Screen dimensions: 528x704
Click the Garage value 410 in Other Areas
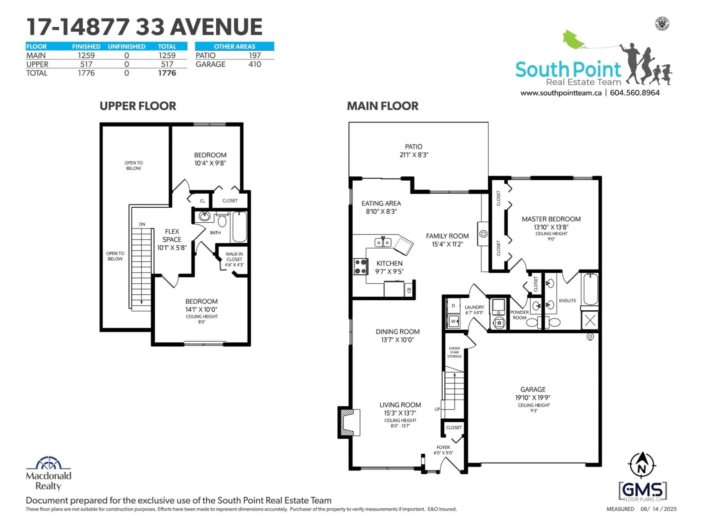pyautogui.click(x=255, y=64)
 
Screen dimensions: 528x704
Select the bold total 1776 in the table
pyautogui.click(x=167, y=73)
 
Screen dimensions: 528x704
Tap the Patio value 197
pyautogui.click(x=255, y=55)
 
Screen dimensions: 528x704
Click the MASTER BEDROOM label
pyautogui.click(x=551, y=219)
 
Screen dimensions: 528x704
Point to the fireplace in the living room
pyautogui.click(x=349, y=422)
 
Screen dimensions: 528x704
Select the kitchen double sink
pyautogui.click(x=383, y=243)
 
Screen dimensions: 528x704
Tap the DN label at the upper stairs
pyautogui.click(x=142, y=224)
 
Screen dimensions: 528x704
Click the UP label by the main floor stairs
pyautogui.click(x=437, y=409)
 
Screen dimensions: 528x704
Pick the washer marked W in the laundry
pyautogui.click(x=453, y=321)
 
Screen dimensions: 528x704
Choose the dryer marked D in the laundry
pyautogui.click(x=453, y=306)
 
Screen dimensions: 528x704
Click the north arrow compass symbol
pyautogui.click(x=642, y=465)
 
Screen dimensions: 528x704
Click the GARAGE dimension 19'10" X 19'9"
pyautogui.click(x=533, y=397)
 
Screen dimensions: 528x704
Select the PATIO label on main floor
pyautogui.click(x=413, y=147)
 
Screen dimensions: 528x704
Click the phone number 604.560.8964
pyautogui.click(x=635, y=93)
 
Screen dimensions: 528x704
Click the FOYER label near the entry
pyautogui.click(x=443, y=448)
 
